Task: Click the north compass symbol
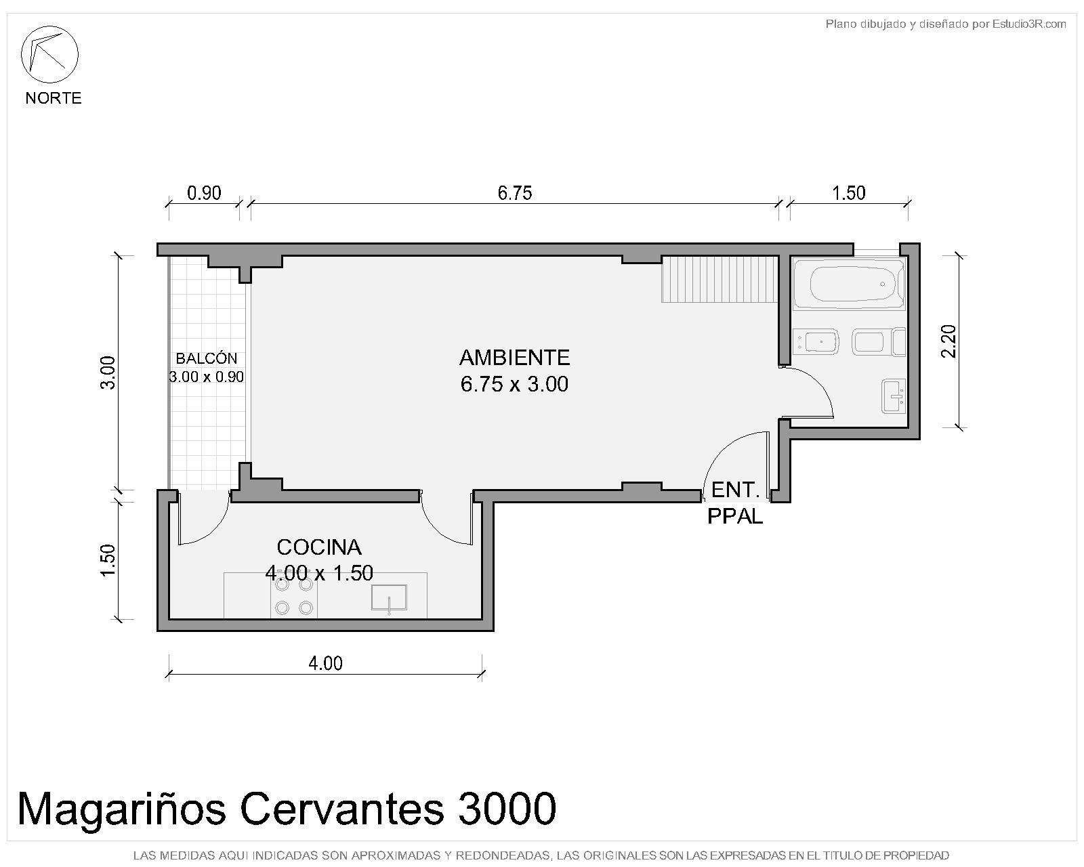[x=49, y=54]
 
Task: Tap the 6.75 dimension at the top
[x=514, y=193]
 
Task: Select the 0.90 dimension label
[x=204, y=193]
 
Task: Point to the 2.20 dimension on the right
[x=948, y=341]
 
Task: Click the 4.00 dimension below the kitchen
[x=325, y=664]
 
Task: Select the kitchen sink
[x=390, y=599]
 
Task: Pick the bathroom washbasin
[x=894, y=396]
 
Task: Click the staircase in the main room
[x=720, y=279]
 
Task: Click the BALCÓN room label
[x=206, y=359]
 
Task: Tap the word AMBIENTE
[x=514, y=358]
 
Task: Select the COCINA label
[x=319, y=547]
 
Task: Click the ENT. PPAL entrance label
[x=735, y=503]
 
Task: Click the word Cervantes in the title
[x=342, y=809]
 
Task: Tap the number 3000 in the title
[x=507, y=809]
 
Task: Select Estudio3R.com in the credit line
[x=1029, y=24]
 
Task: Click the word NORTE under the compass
[x=54, y=98]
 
